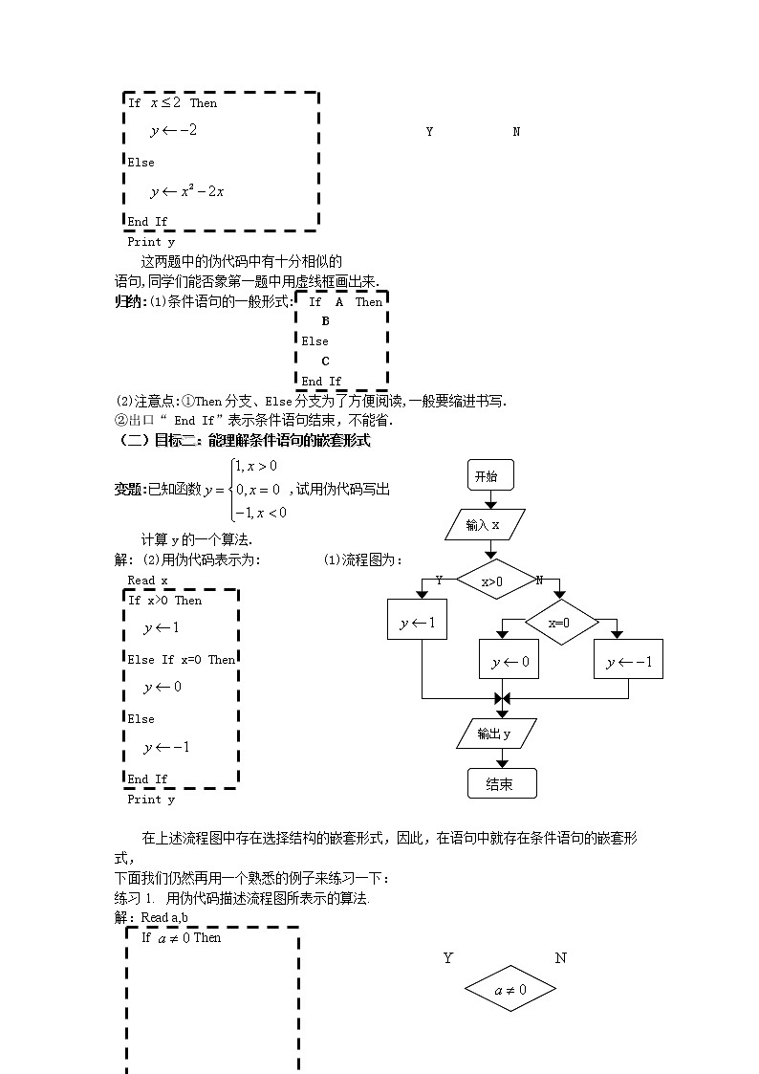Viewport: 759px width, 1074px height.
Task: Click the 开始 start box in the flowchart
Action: (490, 475)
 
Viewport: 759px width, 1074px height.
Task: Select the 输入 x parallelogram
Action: (485, 525)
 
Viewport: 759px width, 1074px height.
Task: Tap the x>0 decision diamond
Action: (493, 581)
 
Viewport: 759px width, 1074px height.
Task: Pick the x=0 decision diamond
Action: (561, 623)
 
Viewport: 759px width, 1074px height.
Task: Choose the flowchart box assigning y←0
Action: (510, 661)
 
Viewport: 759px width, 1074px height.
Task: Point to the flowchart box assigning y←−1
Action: (628, 661)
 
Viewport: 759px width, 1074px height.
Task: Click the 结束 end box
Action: (502, 783)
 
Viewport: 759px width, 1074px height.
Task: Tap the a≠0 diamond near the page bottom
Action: (510, 990)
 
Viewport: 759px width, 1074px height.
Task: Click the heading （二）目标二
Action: (243, 441)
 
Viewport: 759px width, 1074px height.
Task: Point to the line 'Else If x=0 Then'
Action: (182, 659)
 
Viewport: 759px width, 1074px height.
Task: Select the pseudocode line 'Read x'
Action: (147, 581)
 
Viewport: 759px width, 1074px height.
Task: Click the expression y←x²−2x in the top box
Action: (186, 192)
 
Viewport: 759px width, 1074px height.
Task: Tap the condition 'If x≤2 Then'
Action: (173, 102)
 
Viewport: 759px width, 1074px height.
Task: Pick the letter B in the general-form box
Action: (325, 321)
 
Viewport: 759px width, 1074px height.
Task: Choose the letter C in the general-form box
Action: (325, 361)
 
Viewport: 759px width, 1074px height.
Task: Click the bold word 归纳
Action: (127, 301)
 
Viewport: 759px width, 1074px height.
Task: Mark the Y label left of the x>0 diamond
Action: (439, 580)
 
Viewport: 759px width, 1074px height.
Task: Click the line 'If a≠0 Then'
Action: (181, 937)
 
